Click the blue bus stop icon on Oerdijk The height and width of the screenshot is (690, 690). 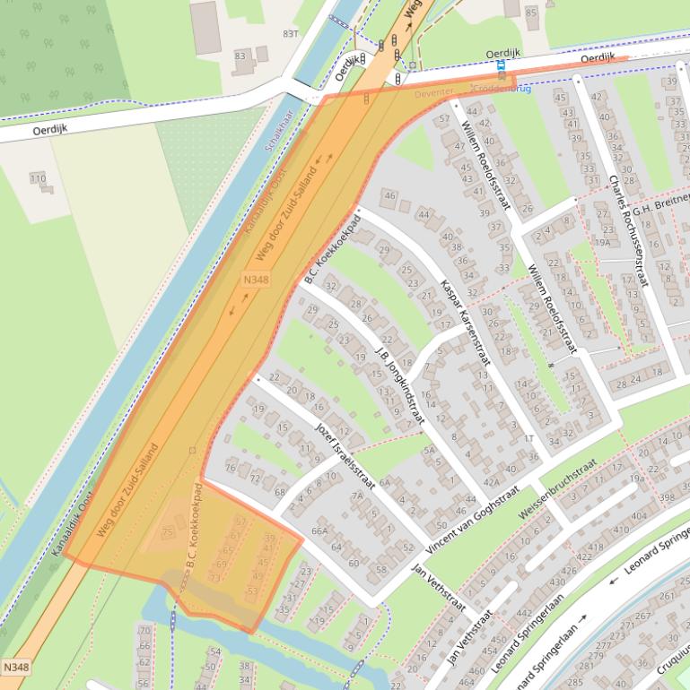coord(501,65)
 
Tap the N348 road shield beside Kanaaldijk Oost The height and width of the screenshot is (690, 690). coord(255,281)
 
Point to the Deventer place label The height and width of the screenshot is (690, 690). coord(435,93)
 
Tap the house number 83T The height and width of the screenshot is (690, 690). coord(290,33)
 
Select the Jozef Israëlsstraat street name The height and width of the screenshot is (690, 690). coord(345,449)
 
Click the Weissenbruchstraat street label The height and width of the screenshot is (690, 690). coord(557,489)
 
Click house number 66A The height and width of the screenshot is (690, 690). coord(319,531)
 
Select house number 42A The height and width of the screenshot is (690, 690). coord(492,481)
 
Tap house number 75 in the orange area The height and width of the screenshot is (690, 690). coord(166,533)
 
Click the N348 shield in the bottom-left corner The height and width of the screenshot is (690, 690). coord(14,668)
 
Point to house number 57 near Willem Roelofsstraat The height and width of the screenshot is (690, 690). coord(443,118)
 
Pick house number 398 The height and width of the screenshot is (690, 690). coord(667,497)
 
